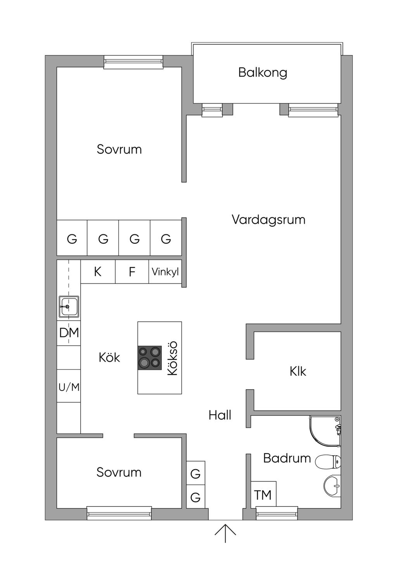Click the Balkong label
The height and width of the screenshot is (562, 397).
coord(262,73)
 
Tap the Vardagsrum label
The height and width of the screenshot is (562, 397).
coord(268,220)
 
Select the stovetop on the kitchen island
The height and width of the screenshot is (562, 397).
coord(149,358)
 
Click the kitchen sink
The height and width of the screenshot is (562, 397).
coord(69,306)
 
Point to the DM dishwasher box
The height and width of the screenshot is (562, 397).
coord(69,333)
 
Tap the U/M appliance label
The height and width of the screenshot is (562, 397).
coord(69,388)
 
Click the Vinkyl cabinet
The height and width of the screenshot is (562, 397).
coord(165,272)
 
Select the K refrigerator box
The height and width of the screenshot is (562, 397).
coord(98,272)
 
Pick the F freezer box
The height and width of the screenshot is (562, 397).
coord(132,272)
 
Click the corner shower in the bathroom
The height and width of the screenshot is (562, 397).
coord(325,431)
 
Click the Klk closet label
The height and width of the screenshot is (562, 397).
coord(298,371)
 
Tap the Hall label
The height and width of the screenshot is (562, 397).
coord(220,415)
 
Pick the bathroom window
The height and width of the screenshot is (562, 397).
coord(277,513)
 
